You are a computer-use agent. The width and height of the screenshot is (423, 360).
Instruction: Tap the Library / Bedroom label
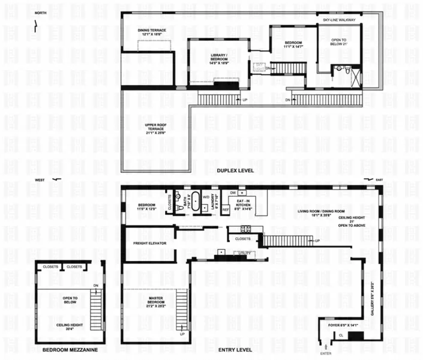[219, 58]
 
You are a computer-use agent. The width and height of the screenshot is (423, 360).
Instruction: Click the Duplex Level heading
[235, 171]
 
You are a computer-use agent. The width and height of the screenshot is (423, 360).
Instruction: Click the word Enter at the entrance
[326, 353]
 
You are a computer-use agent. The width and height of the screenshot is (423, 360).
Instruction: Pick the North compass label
[41, 13]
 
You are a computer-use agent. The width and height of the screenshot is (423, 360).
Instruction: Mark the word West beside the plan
[41, 180]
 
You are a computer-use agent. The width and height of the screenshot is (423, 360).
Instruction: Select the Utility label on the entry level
[244, 254]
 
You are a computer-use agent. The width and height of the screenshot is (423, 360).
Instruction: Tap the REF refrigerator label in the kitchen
[226, 210]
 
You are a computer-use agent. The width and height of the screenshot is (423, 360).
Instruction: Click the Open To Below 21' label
[340, 44]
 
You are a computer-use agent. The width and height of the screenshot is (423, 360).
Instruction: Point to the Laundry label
[213, 204]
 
